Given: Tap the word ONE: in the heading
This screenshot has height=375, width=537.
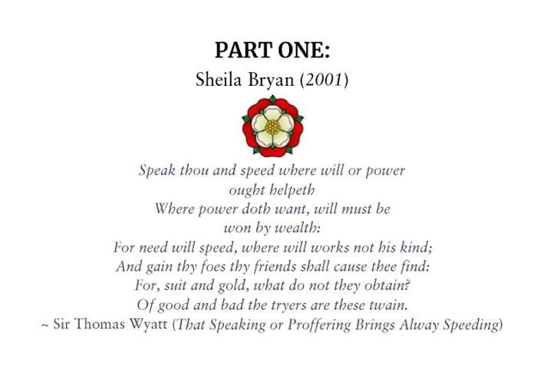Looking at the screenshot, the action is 304,51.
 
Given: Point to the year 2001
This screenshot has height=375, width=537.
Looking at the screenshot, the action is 324,80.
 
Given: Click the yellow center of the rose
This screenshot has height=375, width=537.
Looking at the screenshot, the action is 272,127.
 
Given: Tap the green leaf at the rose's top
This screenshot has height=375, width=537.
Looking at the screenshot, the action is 272,99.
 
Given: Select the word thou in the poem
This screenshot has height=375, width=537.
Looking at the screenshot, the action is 194,170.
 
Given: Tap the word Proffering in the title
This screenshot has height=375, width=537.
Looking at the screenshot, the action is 319,324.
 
